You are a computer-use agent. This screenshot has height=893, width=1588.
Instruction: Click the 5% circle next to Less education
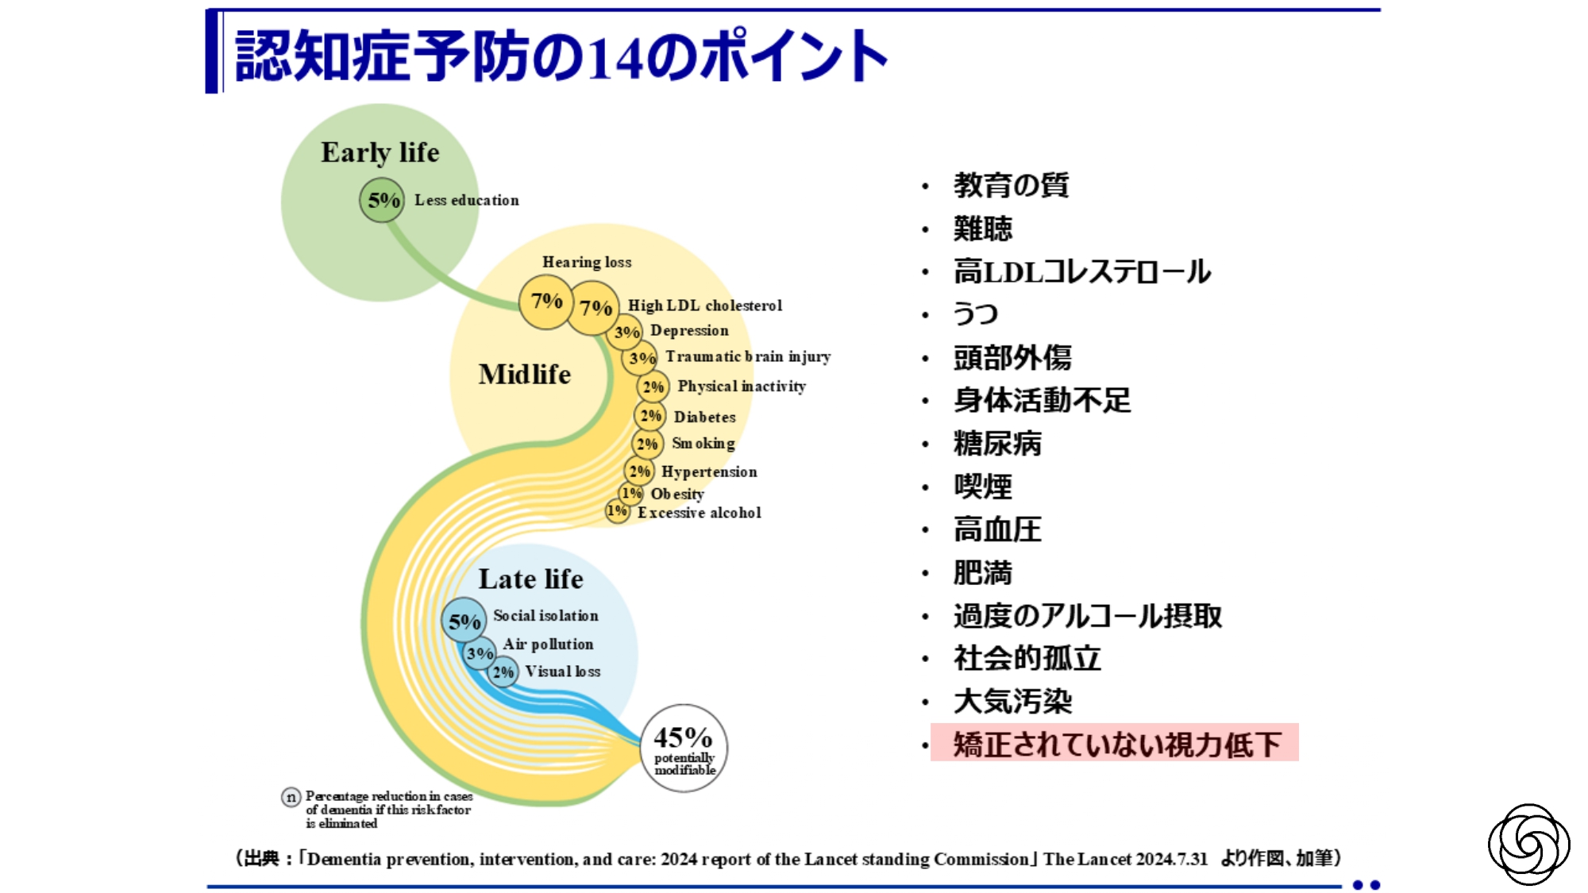pyautogui.click(x=382, y=200)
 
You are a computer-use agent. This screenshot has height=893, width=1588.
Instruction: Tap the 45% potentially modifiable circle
pyautogui.click(x=684, y=748)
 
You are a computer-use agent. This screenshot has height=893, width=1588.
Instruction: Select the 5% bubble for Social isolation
pyautogui.click(x=464, y=621)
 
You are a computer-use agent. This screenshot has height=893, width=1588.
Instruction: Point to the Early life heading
pyautogui.click(x=380, y=152)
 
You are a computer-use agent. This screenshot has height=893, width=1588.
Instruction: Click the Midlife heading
pyautogui.click(x=525, y=374)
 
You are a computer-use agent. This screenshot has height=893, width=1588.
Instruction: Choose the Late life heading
pyautogui.click(x=530, y=579)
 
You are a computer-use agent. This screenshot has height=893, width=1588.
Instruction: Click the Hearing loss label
pyautogui.click(x=587, y=262)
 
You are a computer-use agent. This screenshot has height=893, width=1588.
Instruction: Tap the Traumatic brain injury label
pyautogui.click(x=748, y=357)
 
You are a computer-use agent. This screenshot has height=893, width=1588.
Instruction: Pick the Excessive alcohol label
pyautogui.click(x=700, y=513)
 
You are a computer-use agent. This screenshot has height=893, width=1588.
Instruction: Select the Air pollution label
pyautogui.click(x=548, y=644)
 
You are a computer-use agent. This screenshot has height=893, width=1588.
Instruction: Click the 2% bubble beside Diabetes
pyautogui.click(x=650, y=415)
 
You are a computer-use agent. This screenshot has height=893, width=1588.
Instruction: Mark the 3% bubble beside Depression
pyautogui.click(x=626, y=332)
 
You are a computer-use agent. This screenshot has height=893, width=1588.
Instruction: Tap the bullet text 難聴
pyautogui.click(x=983, y=229)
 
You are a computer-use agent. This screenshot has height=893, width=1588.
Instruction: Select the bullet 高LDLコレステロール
pyautogui.click(x=1082, y=271)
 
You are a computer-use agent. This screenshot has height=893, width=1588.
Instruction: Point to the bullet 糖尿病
pyautogui.click(x=997, y=444)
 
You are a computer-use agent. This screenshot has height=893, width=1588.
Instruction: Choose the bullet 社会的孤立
pyautogui.click(x=1027, y=658)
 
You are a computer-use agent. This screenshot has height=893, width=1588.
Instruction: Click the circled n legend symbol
pyautogui.click(x=291, y=797)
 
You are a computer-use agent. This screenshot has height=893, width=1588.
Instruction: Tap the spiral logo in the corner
pyautogui.click(x=1528, y=844)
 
